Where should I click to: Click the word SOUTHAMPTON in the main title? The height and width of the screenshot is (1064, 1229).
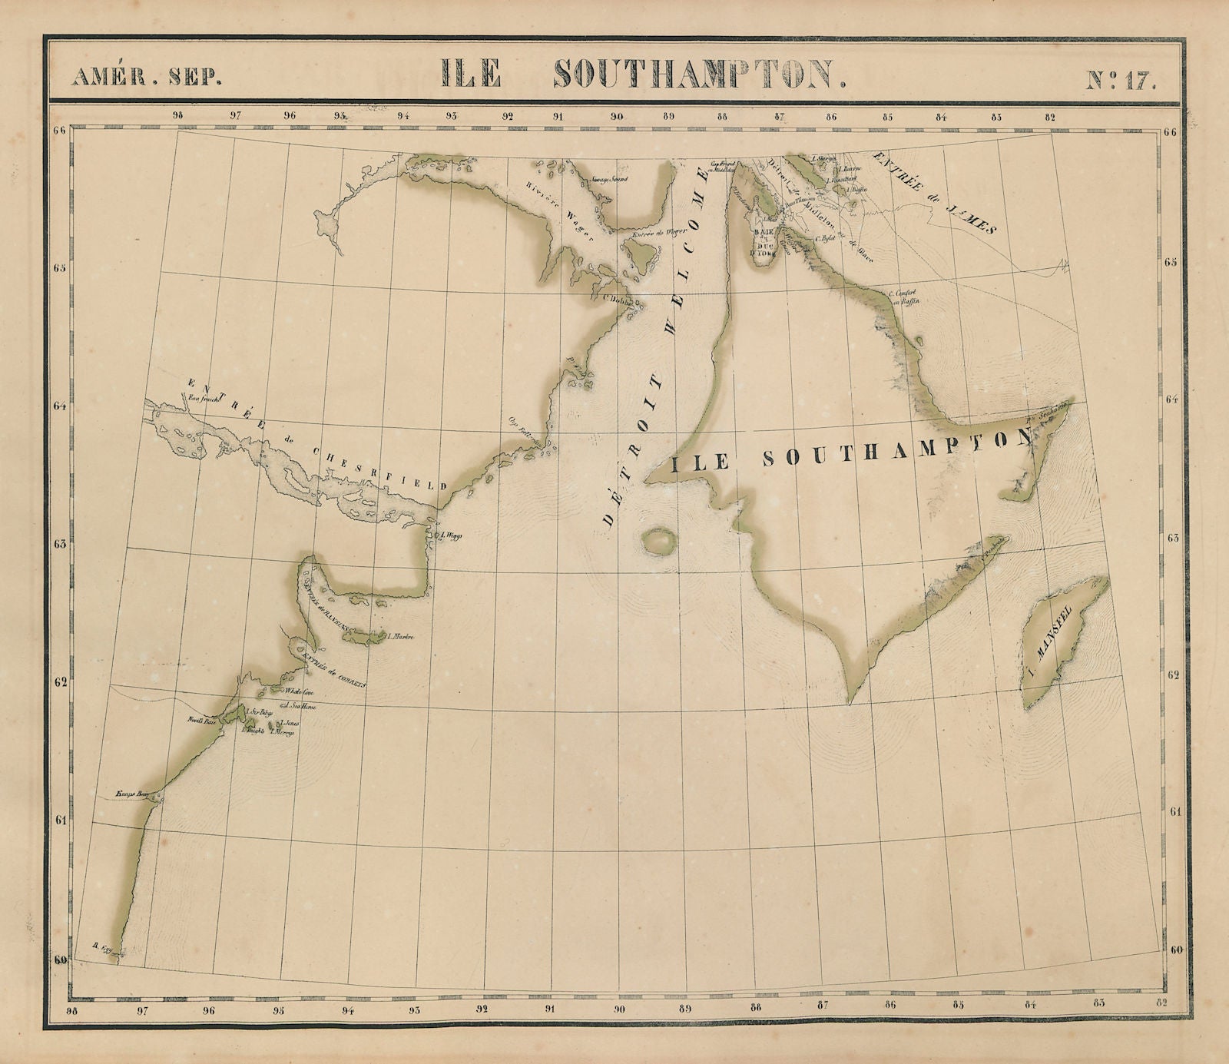click(x=700, y=74)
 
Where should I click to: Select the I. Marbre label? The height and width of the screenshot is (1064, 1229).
click(x=402, y=636)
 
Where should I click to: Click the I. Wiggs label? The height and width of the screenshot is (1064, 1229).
click(x=452, y=535)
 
